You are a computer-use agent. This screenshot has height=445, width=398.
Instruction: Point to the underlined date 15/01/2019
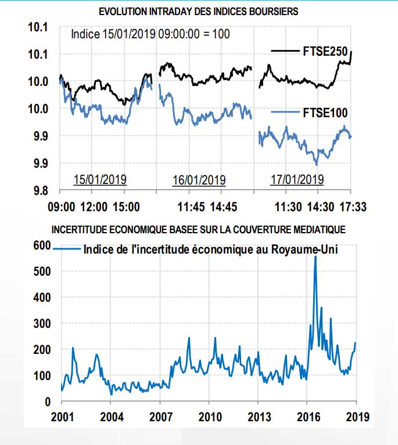click(100, 179)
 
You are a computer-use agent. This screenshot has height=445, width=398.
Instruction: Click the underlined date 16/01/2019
click(199, 179)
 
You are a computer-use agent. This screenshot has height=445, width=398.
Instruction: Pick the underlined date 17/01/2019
click(297, 179)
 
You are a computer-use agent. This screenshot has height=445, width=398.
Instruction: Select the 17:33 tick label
click(352, 206)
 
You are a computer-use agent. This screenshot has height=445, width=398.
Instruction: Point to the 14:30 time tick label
click(318, 206)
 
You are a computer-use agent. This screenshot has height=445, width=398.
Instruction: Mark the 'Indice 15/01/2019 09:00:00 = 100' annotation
click(150, 34)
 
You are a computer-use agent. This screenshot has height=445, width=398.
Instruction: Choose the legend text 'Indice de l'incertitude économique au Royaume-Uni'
click(211, 250)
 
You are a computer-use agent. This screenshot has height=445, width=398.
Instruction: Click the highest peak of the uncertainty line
click(315, 256)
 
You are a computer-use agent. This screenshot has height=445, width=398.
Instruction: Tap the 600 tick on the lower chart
click(41, 245)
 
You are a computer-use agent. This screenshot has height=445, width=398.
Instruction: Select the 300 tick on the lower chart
click(41, 323)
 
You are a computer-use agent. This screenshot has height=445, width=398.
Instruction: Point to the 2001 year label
click(62, 417)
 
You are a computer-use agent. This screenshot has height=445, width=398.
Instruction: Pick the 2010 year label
click(210, 417)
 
